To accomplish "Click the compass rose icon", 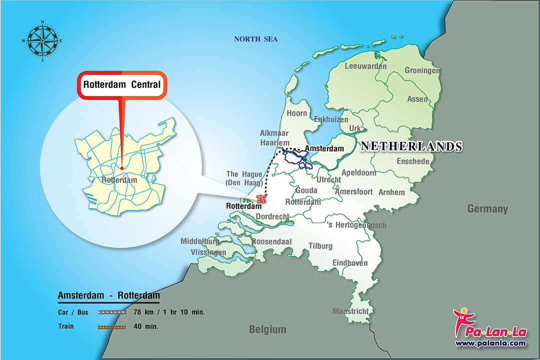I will [42, 40].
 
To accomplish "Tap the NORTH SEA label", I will [256, 39].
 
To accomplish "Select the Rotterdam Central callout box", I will [122, 84].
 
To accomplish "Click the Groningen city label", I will [422, 70].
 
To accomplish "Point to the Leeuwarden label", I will [365, 66].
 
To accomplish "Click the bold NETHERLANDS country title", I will [411, 146].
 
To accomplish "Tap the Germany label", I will [487, 209].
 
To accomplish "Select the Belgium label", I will [268, 329].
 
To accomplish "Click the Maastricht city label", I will [350, 311].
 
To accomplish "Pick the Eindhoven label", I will [350, 263].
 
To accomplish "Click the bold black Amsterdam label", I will [324, 148].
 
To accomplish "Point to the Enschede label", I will [413, 161].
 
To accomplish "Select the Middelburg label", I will [200, 241].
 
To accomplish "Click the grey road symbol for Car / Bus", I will [112, 312].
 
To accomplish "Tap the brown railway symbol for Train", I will [112, 326].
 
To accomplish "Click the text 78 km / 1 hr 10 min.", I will [169, 312].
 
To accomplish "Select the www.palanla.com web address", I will [490, 343].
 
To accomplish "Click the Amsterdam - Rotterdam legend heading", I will [109, 295].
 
